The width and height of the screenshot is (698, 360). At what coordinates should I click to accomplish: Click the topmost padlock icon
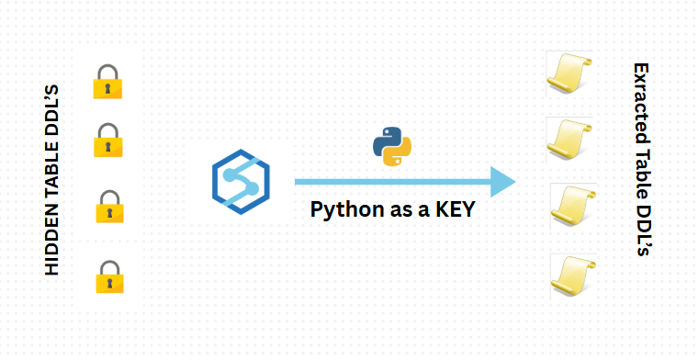pos(107,82)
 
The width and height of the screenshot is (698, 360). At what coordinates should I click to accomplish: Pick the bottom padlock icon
pos(108,277)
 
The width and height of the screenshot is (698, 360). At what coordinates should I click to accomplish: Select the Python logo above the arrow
pos(392,146)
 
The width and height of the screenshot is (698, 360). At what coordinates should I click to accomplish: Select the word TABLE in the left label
pos(51,172)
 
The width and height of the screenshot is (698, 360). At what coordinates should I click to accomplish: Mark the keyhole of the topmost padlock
pos(107,89)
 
